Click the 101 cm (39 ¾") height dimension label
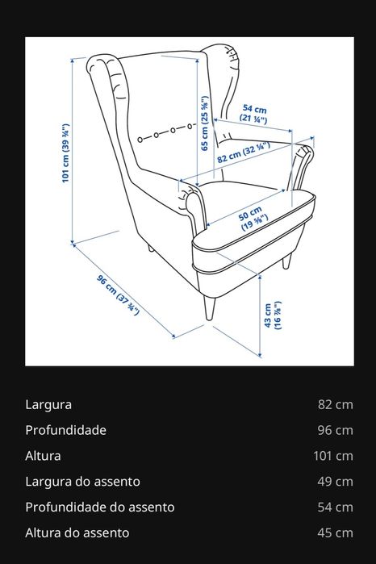pos(65,154)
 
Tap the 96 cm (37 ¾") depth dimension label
pos(115,298)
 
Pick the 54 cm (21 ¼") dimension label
pos(254,112)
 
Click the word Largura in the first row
pos(48,404)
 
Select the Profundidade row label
pos(65,430)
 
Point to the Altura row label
pos(43,456)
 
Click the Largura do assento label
pos(82,482)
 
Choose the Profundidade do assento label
pos(99,508)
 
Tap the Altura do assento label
pos(77,533)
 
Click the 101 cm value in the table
pos(333,456)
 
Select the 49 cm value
pos(336,482)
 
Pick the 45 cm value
pos(336,533)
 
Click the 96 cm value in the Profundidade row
pos(336,430)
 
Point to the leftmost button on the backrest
pos(140,139)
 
